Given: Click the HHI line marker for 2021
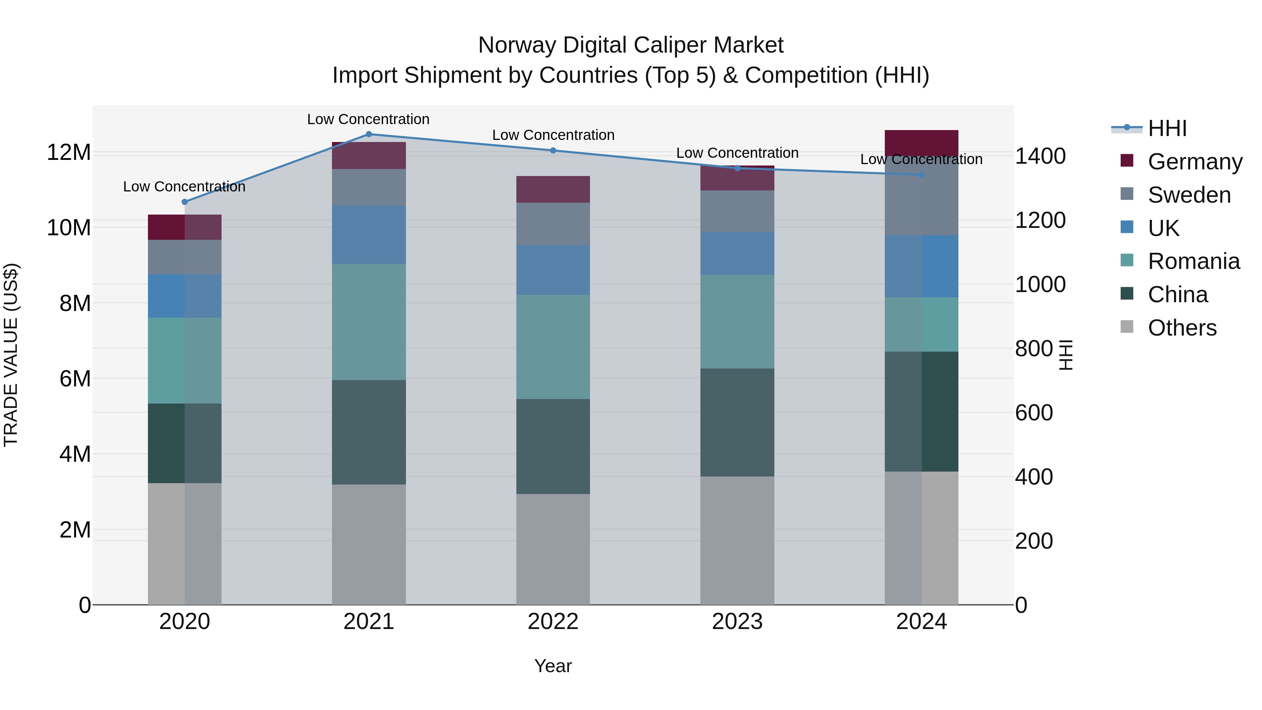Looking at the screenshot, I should click(369, 134).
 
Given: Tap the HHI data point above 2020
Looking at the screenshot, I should click(185, 202).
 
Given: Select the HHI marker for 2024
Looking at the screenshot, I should click(922, 175).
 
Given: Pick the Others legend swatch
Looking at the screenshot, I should click(1127, 327).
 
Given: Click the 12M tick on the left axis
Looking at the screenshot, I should click(69, 153).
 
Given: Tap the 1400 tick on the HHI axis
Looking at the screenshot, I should click(1040, 156).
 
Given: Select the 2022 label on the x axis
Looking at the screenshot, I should click(553, 622).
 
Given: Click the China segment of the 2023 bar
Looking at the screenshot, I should click(737, 422).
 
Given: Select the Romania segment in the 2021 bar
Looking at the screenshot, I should click(369, 322).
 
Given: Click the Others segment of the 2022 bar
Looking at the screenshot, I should click(553, 549).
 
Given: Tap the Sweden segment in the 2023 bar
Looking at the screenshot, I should click(737, 211).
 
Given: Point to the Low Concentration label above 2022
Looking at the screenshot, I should click(553, 135).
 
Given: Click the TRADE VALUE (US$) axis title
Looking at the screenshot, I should click(11, 355).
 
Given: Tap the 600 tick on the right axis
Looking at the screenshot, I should click(1034, 413).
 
